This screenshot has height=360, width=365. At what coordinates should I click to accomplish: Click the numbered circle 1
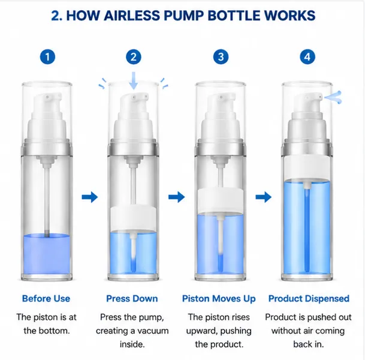(x=47, y=57)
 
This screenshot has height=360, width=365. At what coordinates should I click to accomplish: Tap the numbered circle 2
(x=134, y=57)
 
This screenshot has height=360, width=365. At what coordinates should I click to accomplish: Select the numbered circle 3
(x=221, y=57)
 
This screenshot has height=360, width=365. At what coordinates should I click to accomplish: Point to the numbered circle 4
(x=307, y=57)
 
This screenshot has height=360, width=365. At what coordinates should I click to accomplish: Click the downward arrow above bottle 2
(x=134, y=80)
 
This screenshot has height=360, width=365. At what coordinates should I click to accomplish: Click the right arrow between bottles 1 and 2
(x=90, y=197)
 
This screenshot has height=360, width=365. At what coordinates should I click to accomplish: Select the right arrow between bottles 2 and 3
(x=176, y=197)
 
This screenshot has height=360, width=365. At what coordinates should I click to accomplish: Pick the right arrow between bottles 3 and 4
(x=264, y=197)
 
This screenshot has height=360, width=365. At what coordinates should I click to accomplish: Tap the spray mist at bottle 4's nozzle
(x=333, y=97)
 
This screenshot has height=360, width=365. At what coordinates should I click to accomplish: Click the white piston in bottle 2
(x=134, y=219)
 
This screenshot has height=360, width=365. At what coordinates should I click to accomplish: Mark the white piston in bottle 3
(x=221, y=202)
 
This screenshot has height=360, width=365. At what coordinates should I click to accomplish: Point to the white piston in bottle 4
(x=307, y=168)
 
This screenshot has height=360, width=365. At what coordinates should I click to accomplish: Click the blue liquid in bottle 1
(x=47, y=254)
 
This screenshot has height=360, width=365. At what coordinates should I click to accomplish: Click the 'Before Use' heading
(x=46, y=298)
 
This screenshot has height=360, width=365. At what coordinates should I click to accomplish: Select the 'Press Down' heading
(x=132, y=298)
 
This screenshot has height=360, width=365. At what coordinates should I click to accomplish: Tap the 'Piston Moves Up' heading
(x=219, y=299)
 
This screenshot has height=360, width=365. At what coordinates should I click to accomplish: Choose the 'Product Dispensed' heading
(x=309, y=298)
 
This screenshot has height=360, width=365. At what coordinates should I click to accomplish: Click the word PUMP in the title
(x=183, y=16)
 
